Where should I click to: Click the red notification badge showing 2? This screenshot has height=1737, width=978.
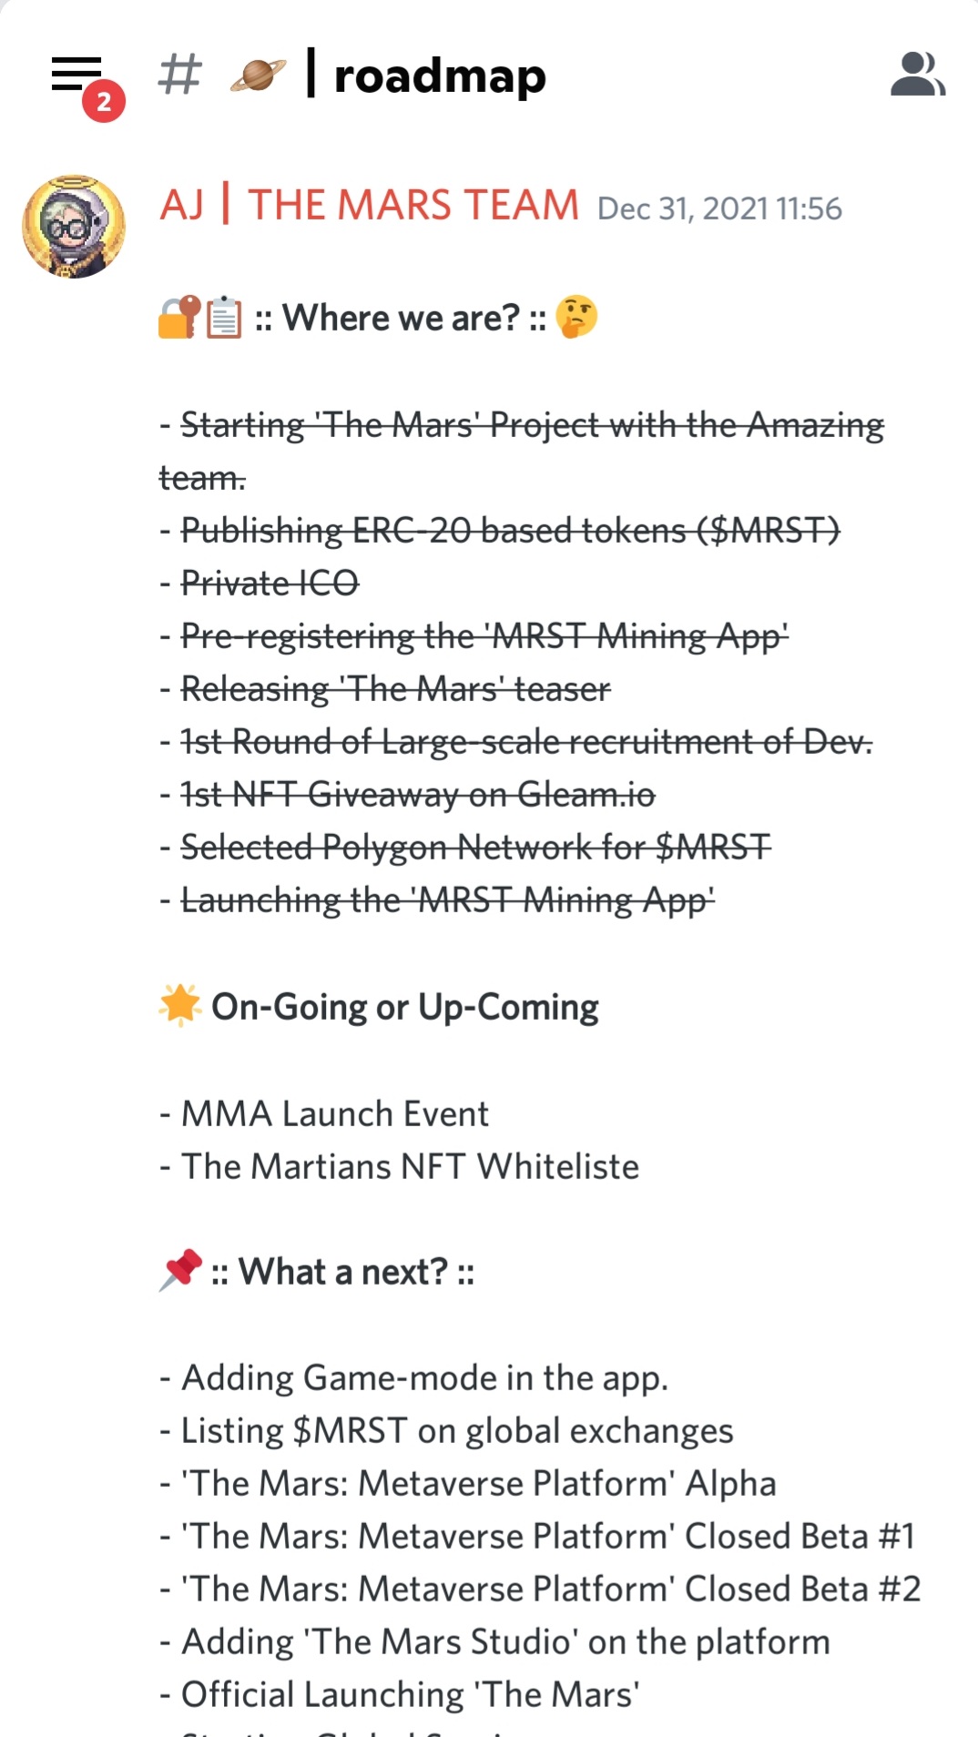(104, 101)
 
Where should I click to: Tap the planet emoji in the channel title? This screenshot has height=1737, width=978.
(258, 75)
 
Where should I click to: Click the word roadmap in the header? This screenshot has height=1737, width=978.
(440, 76)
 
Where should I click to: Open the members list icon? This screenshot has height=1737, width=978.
(918, 74)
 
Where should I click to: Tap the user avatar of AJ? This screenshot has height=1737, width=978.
(74, 227)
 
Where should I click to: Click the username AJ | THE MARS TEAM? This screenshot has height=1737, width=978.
(370, 205)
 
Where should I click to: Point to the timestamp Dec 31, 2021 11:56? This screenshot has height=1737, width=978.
(719, 208)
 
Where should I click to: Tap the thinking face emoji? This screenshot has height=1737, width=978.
(576, 317)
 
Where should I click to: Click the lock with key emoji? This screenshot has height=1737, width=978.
(179, 317)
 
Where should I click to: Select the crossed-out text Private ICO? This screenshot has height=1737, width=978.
(270, 583)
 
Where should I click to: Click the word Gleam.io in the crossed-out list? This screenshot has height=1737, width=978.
(586, 794)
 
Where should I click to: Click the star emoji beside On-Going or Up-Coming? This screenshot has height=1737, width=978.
(180, 1006)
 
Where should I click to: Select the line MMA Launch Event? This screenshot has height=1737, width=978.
(335, 1113)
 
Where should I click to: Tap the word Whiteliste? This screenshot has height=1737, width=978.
(558, 1166)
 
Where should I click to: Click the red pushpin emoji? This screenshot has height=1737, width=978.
(180, 1270)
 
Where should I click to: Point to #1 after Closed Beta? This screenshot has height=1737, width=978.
(896, 1536)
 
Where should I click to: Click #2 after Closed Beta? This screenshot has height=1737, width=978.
(900, 1589)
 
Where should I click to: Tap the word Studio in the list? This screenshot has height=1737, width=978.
(520, 1641)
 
